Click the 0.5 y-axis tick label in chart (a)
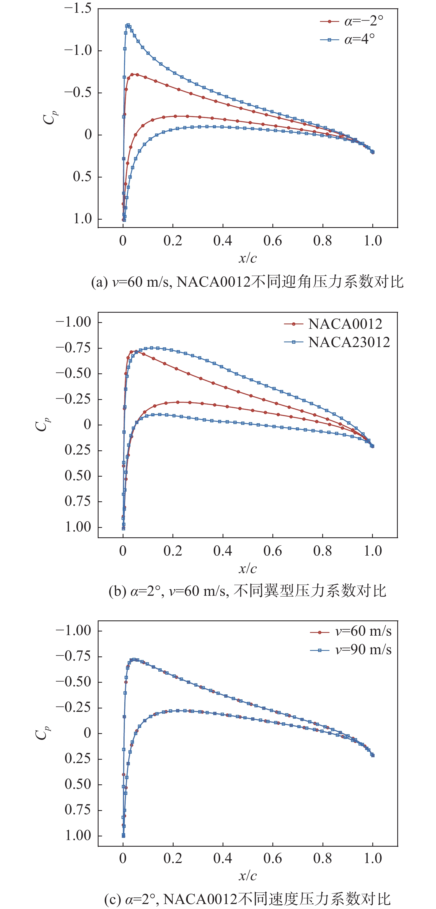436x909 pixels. click(82, 177)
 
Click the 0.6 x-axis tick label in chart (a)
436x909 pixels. click(272, 241)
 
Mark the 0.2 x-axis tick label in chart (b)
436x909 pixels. click(172, 551)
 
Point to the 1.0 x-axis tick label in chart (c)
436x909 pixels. click(373, 858)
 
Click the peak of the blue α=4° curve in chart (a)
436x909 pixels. click(128, 25)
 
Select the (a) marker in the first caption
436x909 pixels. click(99, 282)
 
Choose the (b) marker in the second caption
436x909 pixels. click(117, 591)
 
